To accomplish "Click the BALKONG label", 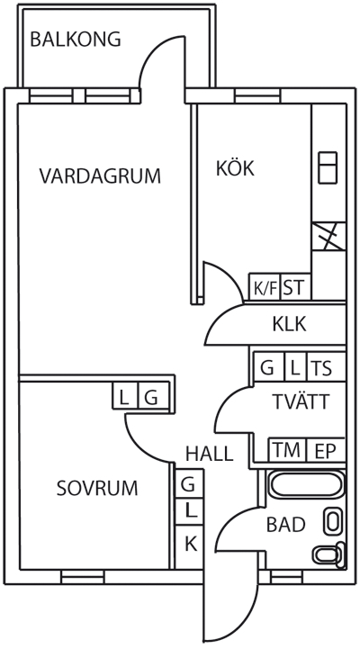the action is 76,40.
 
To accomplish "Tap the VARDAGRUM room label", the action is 100,176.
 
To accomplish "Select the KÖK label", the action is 235,167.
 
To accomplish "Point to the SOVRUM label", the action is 97,489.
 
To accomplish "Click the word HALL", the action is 210,454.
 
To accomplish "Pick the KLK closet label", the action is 290,324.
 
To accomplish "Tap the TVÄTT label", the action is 301,401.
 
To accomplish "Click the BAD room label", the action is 286,525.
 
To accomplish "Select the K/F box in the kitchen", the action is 265,286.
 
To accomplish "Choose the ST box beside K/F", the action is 295,286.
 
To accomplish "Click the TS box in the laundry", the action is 326,366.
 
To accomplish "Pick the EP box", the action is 326,450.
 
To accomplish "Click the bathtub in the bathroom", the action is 307,484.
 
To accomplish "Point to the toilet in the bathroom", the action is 329,554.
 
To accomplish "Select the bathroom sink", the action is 333,520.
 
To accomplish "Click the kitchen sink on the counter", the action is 328,167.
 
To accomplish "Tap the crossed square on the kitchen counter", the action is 328,237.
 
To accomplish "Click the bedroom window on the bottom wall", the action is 83,576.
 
